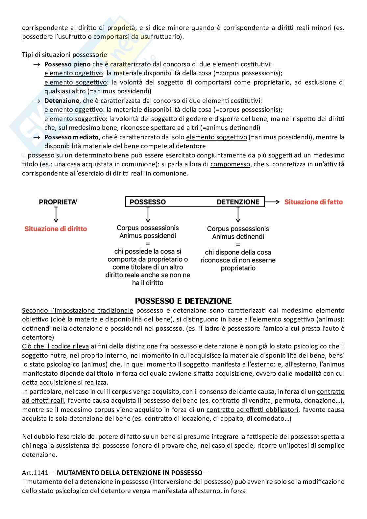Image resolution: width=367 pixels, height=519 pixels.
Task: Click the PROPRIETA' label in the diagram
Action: tap(58, 202)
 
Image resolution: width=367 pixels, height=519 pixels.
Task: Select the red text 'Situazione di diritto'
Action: tap(56, 229)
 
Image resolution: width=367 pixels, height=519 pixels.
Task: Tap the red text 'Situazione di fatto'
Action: tap(313, 202)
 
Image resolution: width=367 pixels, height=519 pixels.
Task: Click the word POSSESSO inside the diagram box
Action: tap(148, 202)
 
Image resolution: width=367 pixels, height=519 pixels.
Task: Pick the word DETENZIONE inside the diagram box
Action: tap(238, 202)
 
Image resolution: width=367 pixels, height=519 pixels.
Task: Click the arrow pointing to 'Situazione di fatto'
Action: tap(272, 202)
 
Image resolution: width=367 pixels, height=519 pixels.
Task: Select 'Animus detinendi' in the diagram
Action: tap(238, 237)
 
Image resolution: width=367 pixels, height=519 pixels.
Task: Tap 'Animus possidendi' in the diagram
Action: tap(148, 236)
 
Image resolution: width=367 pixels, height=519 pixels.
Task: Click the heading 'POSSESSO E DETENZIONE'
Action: tap(183, 301)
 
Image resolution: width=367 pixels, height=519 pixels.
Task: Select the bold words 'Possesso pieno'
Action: tap(67, 64)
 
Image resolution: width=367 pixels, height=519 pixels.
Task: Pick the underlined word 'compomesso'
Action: tap(230, 164)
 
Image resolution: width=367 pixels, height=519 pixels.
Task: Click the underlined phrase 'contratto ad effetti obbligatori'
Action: tap(252, 410)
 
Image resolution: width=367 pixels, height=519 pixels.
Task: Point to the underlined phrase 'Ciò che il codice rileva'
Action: tap(55, 346)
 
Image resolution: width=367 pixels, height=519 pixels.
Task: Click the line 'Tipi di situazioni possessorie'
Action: tap(64, 55)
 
